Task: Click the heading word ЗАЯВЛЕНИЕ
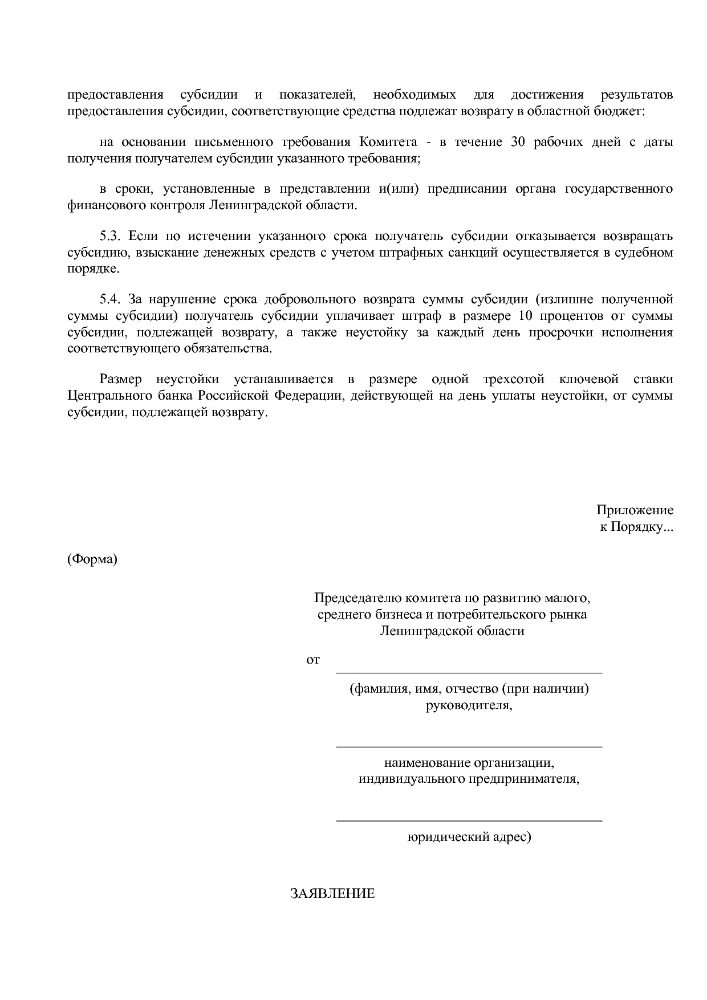pos(332,893)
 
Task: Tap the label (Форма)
pos(92,559)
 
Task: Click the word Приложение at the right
pos(635,510)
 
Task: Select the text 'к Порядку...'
pos(636,527)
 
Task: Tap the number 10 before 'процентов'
pos(526,316)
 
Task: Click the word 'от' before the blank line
pos(313,660)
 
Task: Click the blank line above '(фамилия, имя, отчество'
pos(469,673)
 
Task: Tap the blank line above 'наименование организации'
pos(469,746)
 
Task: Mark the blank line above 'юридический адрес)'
pos(469,820)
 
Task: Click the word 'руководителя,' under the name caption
pos(469,705)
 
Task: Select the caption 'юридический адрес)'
pos(469,838)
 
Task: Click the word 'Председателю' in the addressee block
pos(357,598)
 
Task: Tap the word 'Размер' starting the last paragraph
pos(120,379)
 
